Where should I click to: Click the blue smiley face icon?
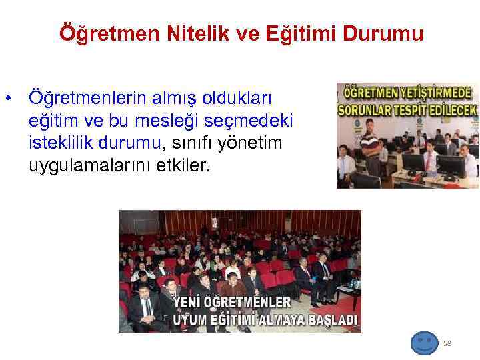424,343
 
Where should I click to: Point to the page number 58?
447,343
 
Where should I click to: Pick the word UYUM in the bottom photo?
189,319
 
